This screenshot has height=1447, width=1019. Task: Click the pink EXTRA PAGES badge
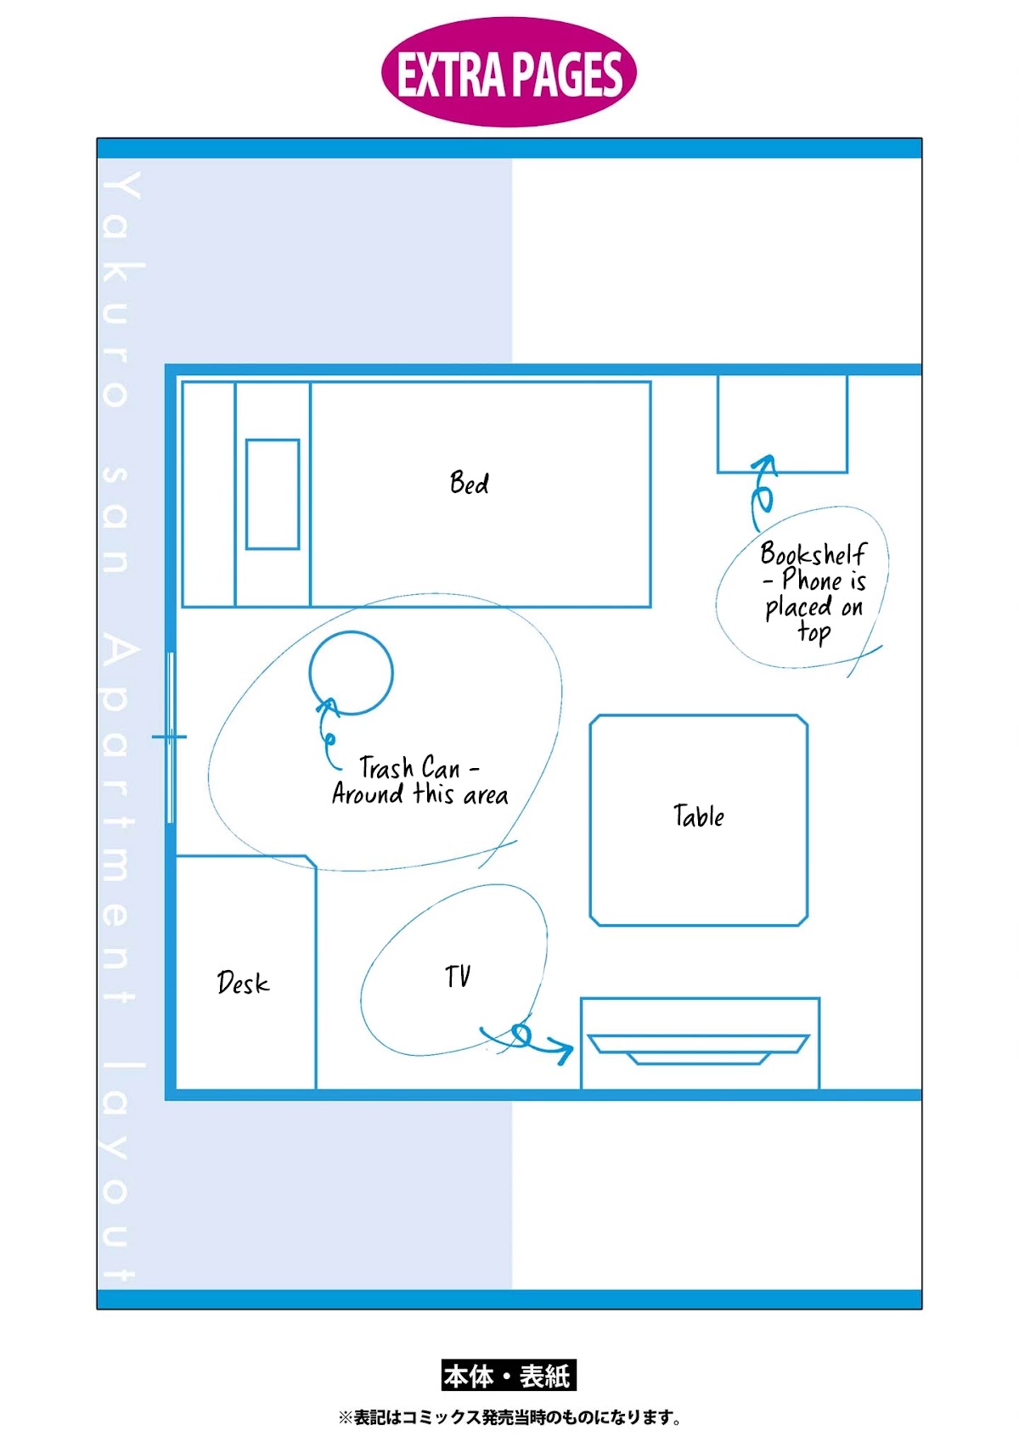click(509, 71)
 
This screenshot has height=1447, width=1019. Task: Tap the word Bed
click(469, 483)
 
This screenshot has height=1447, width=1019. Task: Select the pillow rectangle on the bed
click(272, 494)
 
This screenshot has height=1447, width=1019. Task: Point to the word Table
click(699, 816)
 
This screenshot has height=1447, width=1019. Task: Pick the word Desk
click(243, 983)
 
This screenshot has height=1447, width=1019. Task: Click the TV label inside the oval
click(458, 976)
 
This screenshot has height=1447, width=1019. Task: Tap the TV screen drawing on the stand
click(698, 1050)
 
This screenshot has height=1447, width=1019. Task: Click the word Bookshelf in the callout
click(813, 553)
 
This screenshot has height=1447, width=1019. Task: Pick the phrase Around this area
click(420, 794)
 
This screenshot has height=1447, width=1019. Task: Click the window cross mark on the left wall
click(169, 737)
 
